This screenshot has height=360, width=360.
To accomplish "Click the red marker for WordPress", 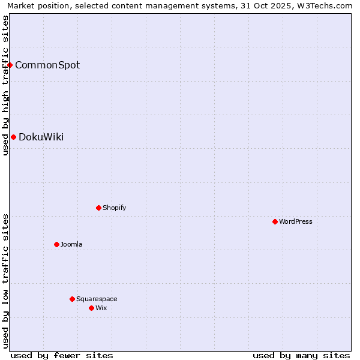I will tap(275, 221).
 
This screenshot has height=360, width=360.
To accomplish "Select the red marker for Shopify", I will tap(98, 208).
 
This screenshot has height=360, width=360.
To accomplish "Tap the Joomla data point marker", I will tap(56, 244).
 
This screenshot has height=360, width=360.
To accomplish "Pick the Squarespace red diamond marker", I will tap(72, 299).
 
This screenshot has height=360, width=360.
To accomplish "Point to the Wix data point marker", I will tap(91, 308).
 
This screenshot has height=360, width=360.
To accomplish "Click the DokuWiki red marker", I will tap(13, 137).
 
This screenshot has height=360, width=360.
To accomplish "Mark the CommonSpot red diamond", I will tap(10, 65).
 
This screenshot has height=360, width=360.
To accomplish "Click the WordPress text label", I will tap(296, 221).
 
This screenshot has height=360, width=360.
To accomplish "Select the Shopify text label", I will tap(114, 208).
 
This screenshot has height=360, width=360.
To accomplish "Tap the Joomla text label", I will tap(71, 244).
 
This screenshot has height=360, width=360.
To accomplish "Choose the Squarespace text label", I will tap(97, 299).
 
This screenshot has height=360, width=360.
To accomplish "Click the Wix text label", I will tap(101, 308).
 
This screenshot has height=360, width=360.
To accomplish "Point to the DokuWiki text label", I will tap(41, 137).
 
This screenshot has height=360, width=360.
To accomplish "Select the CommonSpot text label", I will tap(47, 65).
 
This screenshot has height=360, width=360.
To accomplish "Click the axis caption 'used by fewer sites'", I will tap(62, 355).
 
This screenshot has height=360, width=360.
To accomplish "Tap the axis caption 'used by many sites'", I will tap(301, 355).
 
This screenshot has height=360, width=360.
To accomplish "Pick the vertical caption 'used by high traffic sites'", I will tap(5, 85).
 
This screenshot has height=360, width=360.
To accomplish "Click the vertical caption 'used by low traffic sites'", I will tap(5, 281).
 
